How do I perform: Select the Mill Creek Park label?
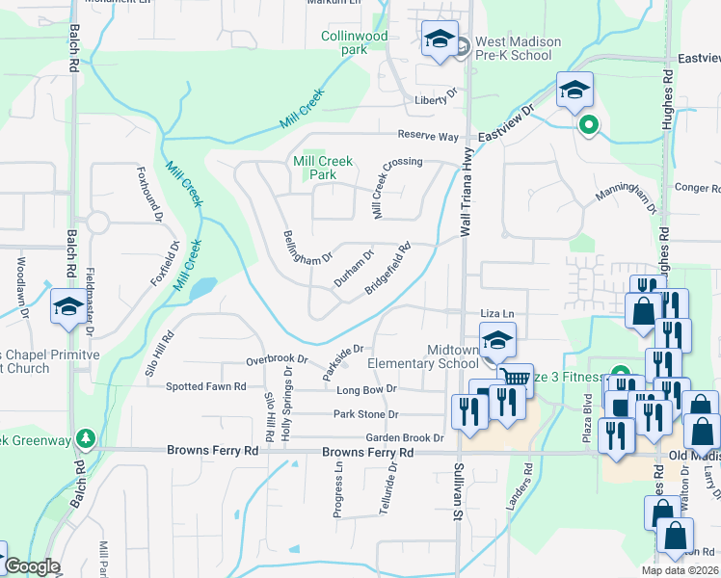[323, 169]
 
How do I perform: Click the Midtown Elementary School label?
[423, 356]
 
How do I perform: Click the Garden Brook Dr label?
[404, 437]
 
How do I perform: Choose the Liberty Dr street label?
[435, 100]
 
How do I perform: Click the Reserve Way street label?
[428, 137]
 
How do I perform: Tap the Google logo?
[32, 566]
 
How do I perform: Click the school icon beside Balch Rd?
[68, 307]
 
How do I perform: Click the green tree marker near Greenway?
[86, 439]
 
